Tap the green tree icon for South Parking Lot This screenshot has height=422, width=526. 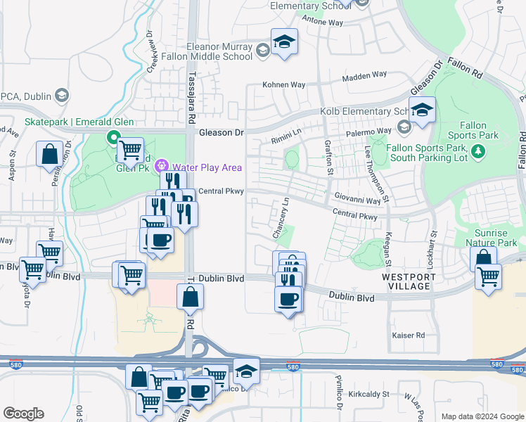[x=478, y=151]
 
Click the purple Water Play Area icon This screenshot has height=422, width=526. [x=162, y=167]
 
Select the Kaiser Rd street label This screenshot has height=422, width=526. [x=409, y=335]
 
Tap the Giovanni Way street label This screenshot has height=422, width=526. [x=357, y=200]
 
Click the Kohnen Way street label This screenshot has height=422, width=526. [x=284, y=85]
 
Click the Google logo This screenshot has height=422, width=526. [x=24, y=414]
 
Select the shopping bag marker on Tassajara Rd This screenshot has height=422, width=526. [x=191, y=298]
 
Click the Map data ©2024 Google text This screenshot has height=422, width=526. [x=482, y=416]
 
